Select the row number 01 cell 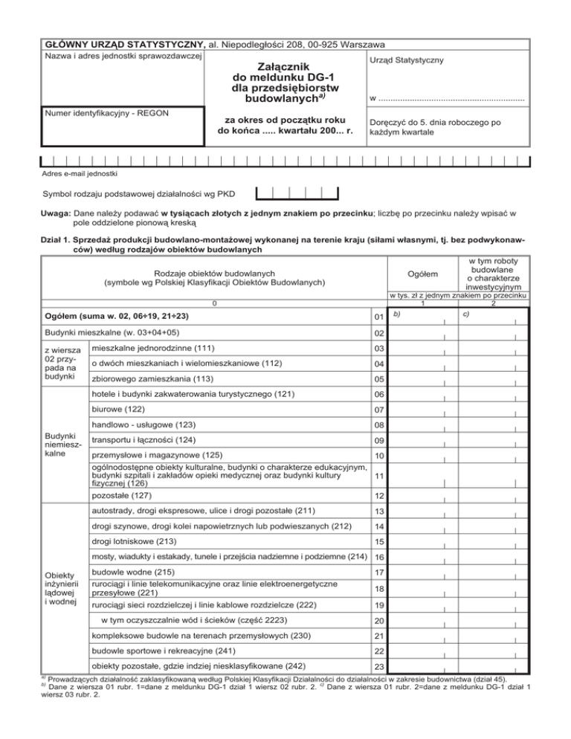coord(378,319)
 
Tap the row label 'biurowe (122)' coord(117,410)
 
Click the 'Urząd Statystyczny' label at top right coord(405,59)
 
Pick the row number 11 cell coord(378,476)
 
